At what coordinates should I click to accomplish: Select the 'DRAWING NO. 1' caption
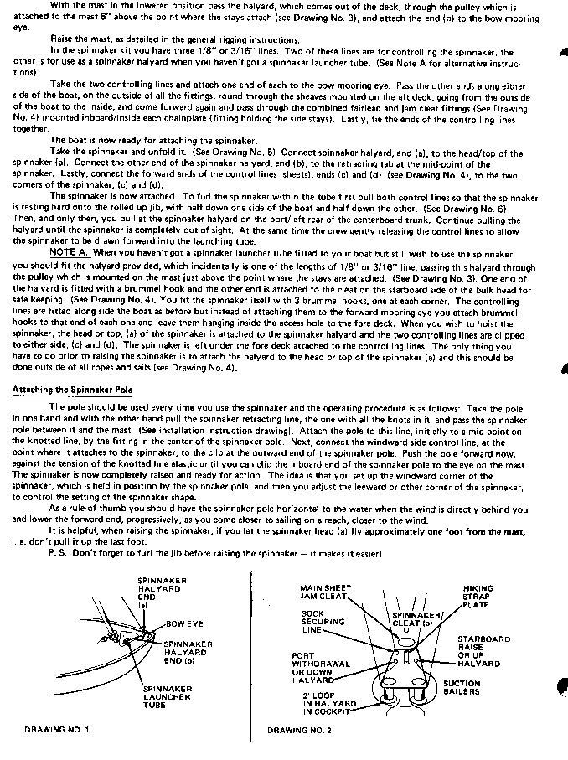point(51,730)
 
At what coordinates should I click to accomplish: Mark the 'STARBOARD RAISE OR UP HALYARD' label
point(483,651)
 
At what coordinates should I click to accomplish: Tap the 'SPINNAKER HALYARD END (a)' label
point(155,592)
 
